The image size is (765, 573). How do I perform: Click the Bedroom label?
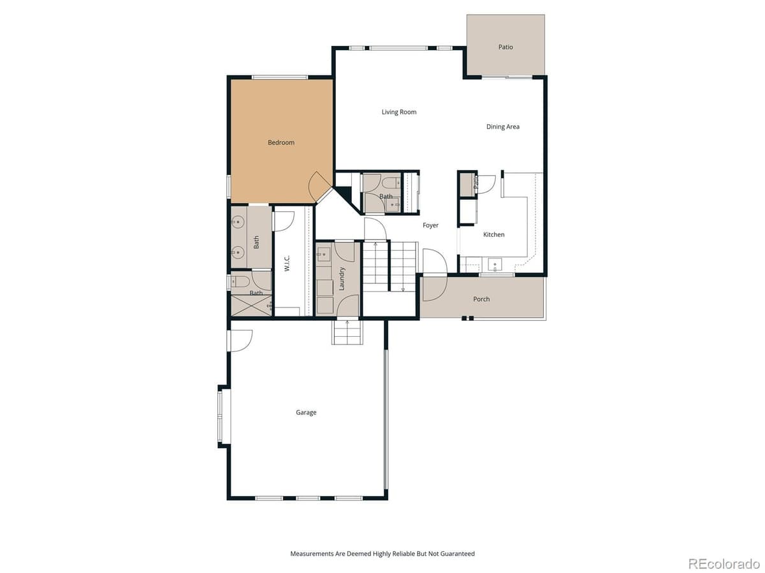(x=281, y=143)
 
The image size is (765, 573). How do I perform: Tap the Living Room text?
(x=399, y=112)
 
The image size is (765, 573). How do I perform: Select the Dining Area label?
(x=503, y=127)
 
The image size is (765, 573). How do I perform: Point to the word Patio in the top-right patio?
(x=506, y=47)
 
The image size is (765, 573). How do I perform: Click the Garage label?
(x=306, y=413)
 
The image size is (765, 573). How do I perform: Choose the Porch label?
(x=481, y=299)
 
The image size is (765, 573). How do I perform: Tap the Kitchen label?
(x=493, y=235)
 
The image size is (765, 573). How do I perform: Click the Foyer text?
(x=430, y=225)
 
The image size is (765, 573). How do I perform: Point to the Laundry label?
(x=342, y=279)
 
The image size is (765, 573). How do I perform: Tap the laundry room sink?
(x=324, y=253)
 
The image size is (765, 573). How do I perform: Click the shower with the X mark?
(x=251, y=306)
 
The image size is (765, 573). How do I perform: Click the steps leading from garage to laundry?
(x=347, y=332)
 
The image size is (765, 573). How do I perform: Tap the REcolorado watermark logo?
(x=724, y=563)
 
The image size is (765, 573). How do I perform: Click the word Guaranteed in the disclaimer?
(x=456, y=554)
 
